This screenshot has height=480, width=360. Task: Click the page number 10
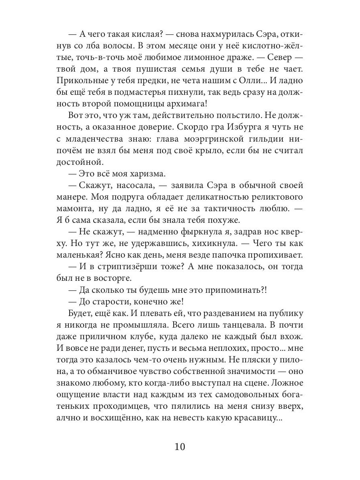coord(180,446)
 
